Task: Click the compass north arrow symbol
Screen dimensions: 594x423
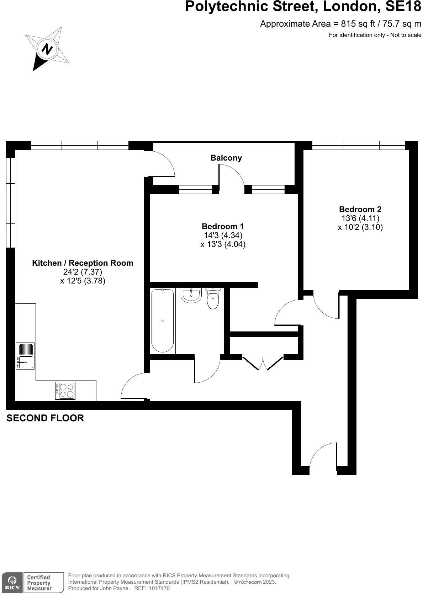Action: pos(47,48)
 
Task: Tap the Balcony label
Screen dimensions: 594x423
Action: pos(226,158)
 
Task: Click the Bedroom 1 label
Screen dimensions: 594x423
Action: pos(223,226)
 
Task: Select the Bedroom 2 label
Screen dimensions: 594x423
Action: pos(360,209)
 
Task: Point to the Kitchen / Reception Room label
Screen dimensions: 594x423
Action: pos(83,263)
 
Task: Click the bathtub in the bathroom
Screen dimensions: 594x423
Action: pos(163,320)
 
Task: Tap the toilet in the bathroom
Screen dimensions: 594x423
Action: pos(213,299)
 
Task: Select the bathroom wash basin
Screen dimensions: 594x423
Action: pos(191,295)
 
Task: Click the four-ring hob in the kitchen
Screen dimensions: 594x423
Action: pos(65,390)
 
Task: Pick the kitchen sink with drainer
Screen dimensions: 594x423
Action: pos(25,356)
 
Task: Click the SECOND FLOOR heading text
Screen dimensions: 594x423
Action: pos(45,418)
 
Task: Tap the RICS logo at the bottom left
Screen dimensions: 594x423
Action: pos(12,582)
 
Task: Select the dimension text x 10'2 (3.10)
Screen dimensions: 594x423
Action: pos(360,227)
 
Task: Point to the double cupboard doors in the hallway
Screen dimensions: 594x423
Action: pos(263,362)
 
